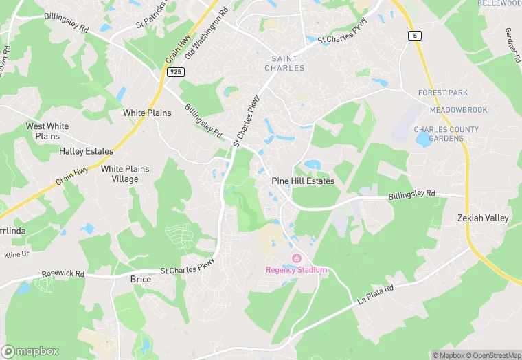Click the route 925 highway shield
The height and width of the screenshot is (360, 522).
tap(174, 71)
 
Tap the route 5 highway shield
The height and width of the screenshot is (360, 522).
tap(415, 35)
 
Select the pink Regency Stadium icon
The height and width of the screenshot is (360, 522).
tap(297, 258)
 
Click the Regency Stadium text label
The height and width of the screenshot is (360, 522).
tap(297, 270)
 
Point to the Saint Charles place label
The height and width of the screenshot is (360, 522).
tap(284, 63)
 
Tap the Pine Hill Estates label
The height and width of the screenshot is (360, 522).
tap(303, 181)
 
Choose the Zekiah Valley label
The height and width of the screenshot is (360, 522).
tap(484, 218)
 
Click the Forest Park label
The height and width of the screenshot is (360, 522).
tap(442, 93)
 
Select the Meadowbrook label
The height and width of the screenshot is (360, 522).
tap(458, 110)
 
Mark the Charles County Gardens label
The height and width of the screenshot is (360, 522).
tap(446, 134)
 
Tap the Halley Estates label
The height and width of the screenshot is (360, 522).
tap(86, 151)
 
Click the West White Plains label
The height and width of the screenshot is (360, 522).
tap(47, 131)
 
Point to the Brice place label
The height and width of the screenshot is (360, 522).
tap(140, 280)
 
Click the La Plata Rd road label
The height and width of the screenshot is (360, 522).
tap(375, 295)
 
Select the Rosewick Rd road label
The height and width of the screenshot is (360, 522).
tap(63, 273)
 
